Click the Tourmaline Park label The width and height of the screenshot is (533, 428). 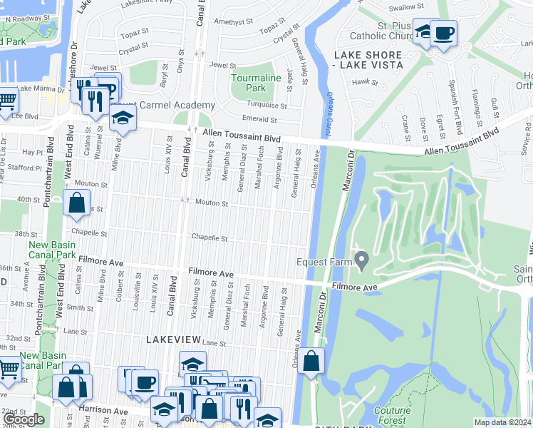[248, 82]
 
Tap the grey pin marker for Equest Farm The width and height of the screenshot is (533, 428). [362, 262]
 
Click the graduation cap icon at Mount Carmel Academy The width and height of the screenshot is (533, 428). [123, 118]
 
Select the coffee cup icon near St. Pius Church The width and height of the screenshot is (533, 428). [444, 33]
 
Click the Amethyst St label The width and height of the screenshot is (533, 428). [229, 22]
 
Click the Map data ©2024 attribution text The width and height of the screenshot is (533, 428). [502, 422]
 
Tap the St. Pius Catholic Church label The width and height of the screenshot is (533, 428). [382, 31]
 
